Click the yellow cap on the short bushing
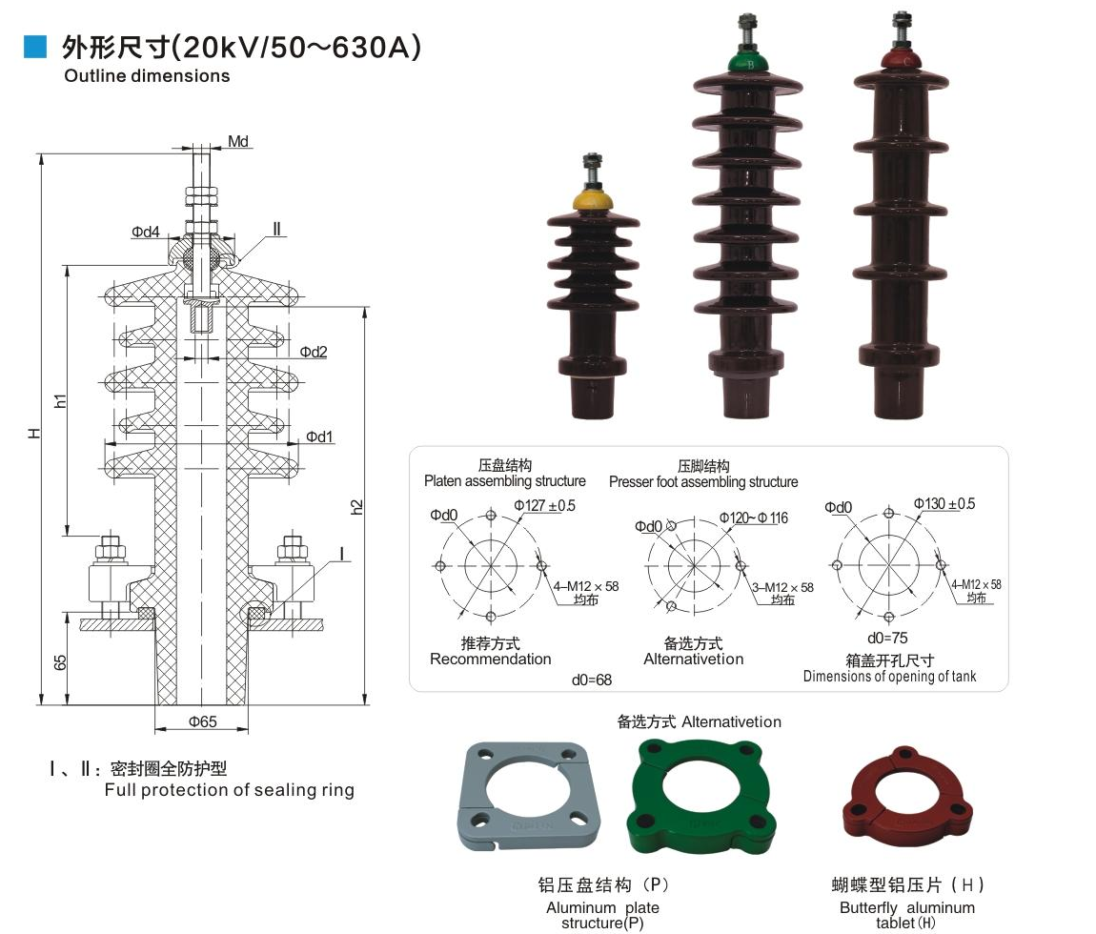[x=592, y=202]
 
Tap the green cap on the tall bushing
[x=748, y=64]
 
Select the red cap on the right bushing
[x=897, y=60]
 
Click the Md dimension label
[x=238, y=142]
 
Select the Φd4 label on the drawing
[x=146, y=232]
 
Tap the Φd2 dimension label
[x=314, y=352]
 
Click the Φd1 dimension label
[x=319, y=437]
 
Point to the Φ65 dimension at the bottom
[x=202, y=721]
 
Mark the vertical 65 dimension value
[x=60, y=663]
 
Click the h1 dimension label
[x=60, y=401]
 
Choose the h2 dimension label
[x=357, y=506]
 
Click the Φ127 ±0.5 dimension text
[x=545, y=505]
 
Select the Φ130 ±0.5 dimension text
[x=944, y=503]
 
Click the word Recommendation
[x=490, y=660]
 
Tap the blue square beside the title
[x=35, y=46]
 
